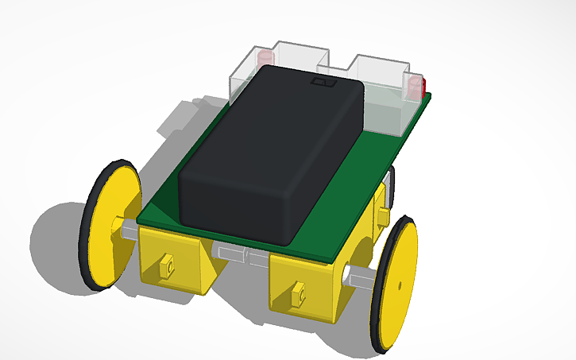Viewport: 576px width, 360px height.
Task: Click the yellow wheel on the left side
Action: [x=112, y=226]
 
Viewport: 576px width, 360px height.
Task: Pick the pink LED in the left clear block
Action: [x=264, y=58]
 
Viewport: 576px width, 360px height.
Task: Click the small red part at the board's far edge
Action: [x=425, y=84]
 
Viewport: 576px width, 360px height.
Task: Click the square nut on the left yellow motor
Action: [x=166, y=265]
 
